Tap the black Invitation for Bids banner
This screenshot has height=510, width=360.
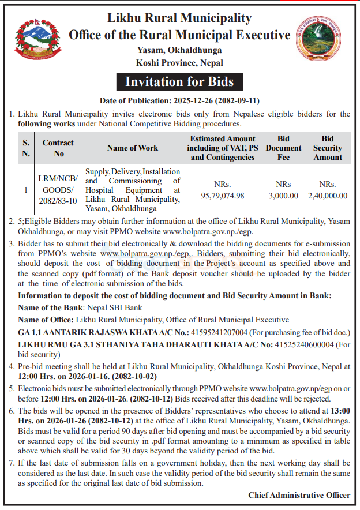179,81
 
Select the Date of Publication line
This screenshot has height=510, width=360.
179,100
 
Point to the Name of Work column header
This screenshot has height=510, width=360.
133,148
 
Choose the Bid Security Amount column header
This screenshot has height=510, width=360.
328,148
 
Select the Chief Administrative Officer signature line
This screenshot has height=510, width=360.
299,495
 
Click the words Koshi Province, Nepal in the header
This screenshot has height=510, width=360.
179,63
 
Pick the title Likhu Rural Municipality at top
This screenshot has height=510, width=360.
179,18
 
